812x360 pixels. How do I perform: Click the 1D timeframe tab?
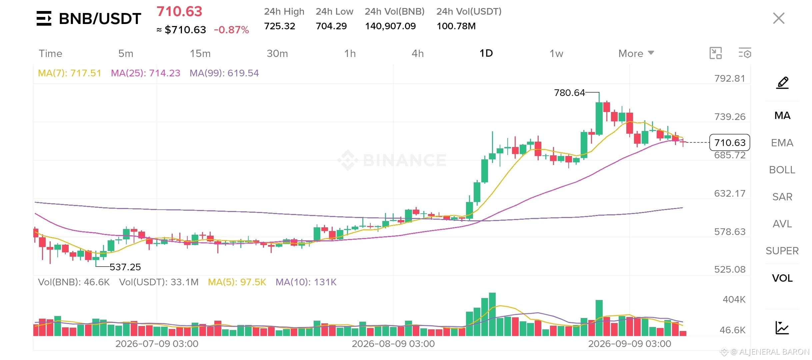(x=486, y=53)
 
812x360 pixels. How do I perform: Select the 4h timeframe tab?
(x=418, y=53)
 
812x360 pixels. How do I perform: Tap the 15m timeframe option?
(x=200, y=53)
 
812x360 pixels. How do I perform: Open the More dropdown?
(x=636, y=53)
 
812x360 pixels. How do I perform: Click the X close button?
(x=779, y=18)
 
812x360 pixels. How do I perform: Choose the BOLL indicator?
(x=782, y=170)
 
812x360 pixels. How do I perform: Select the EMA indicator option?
(x=782, y=143)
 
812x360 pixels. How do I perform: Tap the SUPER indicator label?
(x=782, y=251)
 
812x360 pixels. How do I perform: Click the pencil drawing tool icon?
(x=782, y=83)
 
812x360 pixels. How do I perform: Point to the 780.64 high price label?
(x=569, y=93)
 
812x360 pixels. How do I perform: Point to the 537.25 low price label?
(x=125, y=267)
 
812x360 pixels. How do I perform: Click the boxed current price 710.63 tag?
(x=730, y=143)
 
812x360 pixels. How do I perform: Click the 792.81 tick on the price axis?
(x=730, y=78)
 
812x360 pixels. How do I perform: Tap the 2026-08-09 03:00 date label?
(x=393, y=344)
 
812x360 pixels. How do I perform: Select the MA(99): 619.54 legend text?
(x=224, y=73)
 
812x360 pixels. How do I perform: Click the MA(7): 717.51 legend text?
(x=69, y=73)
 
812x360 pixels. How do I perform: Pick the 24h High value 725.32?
(x=279, y=26)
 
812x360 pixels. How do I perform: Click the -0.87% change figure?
(x=231, y=30)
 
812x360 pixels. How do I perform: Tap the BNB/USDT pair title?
(x=100, y=19)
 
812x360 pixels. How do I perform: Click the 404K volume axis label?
(x=734, y=299)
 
